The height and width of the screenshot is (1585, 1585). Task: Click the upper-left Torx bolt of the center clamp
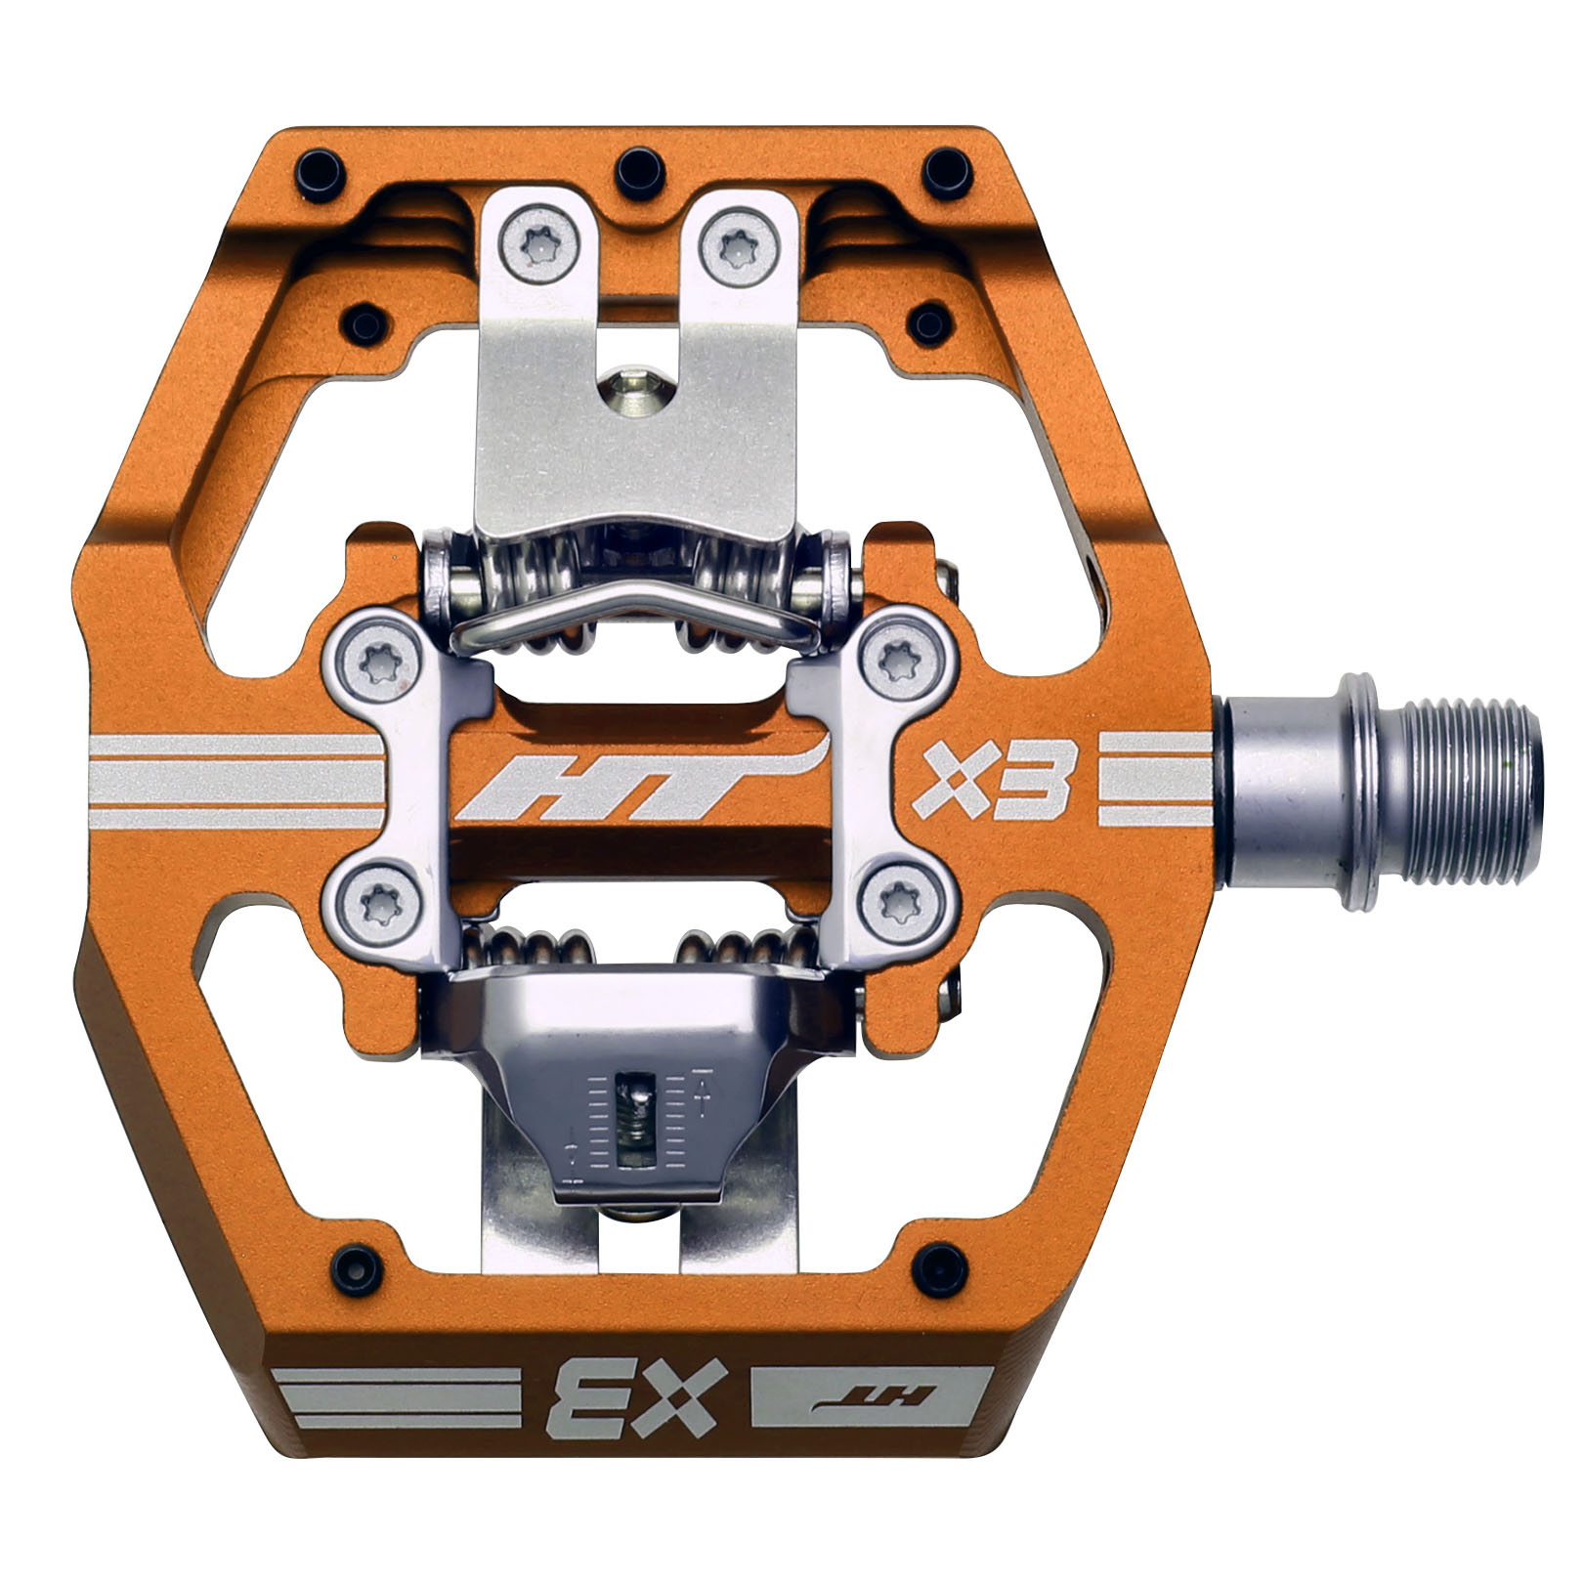pyautogui.click(x=377, y=662)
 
